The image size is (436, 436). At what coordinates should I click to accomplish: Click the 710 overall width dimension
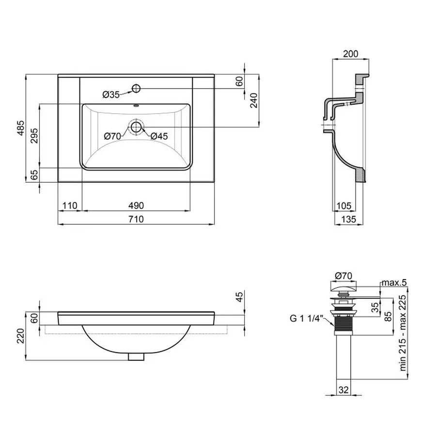click(136, 219)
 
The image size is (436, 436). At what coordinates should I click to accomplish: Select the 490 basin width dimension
click(136, 205)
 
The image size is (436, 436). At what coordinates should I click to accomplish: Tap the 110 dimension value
click(69, 205)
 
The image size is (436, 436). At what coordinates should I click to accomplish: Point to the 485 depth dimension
click(21, 128)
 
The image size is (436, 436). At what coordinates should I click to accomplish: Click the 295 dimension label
click(34, 136)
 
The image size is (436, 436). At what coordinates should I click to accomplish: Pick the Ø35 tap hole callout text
click(111, 94)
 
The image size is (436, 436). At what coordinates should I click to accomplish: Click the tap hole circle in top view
click(136, 89)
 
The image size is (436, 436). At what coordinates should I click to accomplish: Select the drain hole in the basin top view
click(136, 127)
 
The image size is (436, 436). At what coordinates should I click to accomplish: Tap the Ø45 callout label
click(159, 136)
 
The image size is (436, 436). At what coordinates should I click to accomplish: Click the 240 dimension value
click(253, 100)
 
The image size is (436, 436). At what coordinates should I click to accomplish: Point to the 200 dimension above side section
click(350, 54)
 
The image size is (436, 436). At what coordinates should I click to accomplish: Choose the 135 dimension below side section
click(348, 219)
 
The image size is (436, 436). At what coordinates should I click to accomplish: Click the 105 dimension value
click(344, 206)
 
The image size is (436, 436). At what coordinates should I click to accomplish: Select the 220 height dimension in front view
click(21, 336)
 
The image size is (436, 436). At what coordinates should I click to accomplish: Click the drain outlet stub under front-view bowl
click(136, 357)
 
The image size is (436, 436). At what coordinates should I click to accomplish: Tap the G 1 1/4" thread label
click(306, 318)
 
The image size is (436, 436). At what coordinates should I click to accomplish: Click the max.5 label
click(394, 282)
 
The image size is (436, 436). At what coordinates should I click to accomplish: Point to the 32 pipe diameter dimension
click(343, 389)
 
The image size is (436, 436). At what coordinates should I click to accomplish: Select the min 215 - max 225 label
click(403, 333)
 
